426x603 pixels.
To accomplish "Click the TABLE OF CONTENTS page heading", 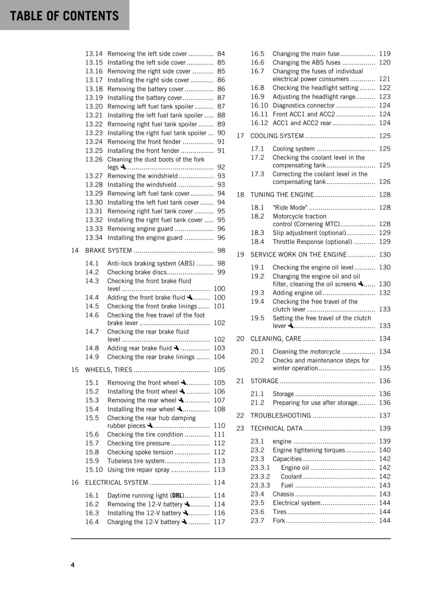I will tap(64, 16).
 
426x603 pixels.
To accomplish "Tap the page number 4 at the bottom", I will tap(73, 565).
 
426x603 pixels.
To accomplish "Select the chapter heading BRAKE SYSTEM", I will tap(109, 251).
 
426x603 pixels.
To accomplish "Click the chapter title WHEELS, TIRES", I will tap(109, 370).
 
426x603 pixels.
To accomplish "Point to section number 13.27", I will tap(94, 176).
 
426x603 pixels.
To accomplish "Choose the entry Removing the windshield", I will tap(143, 176).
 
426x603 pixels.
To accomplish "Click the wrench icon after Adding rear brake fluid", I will tap(176, 348).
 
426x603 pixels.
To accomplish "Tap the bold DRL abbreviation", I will tap(178, 496).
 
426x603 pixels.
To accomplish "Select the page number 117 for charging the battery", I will tap(219, 522).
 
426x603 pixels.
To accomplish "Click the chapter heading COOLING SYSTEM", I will tap(277, 136).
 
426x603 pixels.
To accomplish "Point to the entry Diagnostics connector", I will tap(303, 106).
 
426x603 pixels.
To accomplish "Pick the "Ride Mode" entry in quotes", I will tap(290, 208).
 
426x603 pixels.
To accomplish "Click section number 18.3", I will tap(257, 233).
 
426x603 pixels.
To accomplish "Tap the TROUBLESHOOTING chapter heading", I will tap(281, 416).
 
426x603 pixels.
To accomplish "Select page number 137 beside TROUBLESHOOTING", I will tap(385, 416).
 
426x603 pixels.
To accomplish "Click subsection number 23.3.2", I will tap(260, 476).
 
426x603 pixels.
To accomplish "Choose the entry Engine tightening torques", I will tap(309, 450).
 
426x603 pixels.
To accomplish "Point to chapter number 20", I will tap(240, 339).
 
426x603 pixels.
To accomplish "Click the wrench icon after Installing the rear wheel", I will tap(179, 409).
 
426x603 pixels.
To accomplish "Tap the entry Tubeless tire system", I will tap(136, 461).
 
